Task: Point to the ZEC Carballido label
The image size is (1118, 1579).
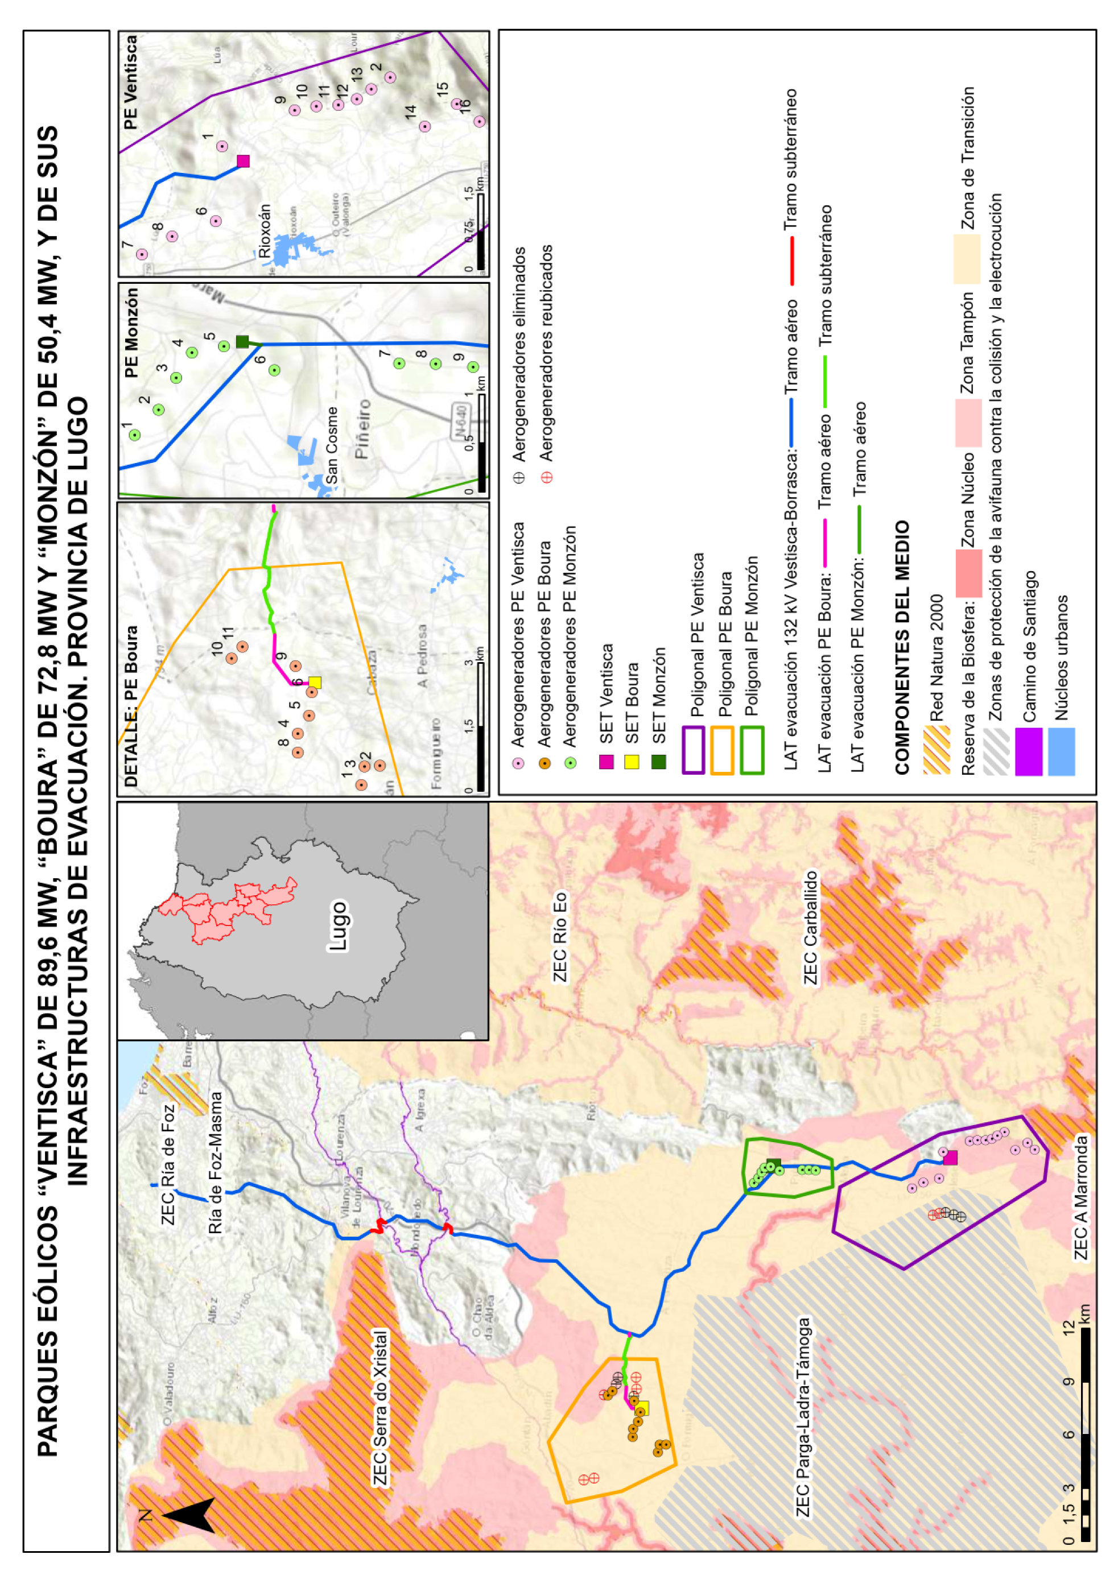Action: tap(811, 927)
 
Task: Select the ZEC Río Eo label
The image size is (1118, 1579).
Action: tap(560, 936)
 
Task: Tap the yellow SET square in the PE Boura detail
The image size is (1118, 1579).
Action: tap(315, 682)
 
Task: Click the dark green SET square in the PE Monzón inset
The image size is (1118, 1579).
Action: tap(242, 341)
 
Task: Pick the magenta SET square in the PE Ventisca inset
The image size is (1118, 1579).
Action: tap(243, 161)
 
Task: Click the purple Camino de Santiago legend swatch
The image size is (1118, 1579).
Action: tap(1029, 751)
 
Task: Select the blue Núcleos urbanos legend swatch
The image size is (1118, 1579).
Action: tap(1061, 751)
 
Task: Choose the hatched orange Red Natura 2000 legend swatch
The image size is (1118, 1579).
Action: tap(937, 751)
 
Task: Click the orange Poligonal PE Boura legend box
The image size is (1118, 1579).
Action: tap(722, 750)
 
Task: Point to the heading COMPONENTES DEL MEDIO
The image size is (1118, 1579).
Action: tap(902, 647)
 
